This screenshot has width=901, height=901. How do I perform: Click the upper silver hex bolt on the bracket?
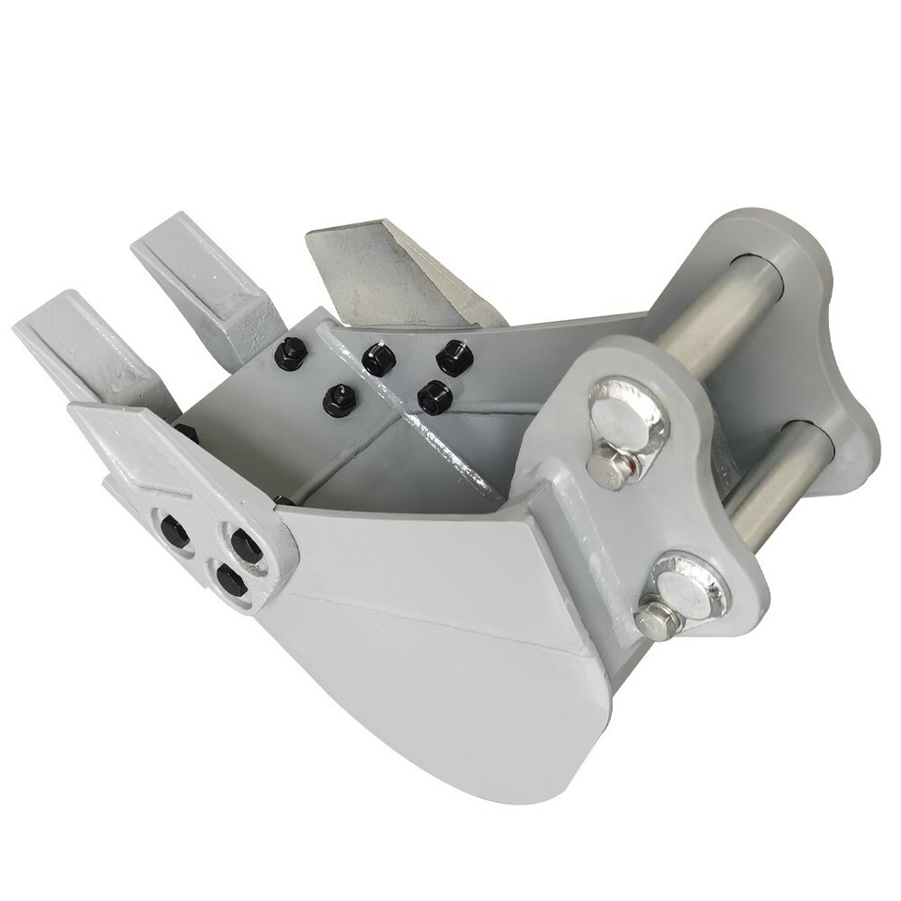coord(609,464)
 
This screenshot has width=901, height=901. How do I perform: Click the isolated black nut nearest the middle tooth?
coord(291,353)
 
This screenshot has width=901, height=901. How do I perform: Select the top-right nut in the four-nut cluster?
coord(453,358)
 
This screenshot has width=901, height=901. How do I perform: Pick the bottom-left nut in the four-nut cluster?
coord(340,401)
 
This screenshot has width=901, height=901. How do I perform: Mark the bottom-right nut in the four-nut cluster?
coord(434,396)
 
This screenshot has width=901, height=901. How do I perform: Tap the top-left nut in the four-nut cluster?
coord(378,359)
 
